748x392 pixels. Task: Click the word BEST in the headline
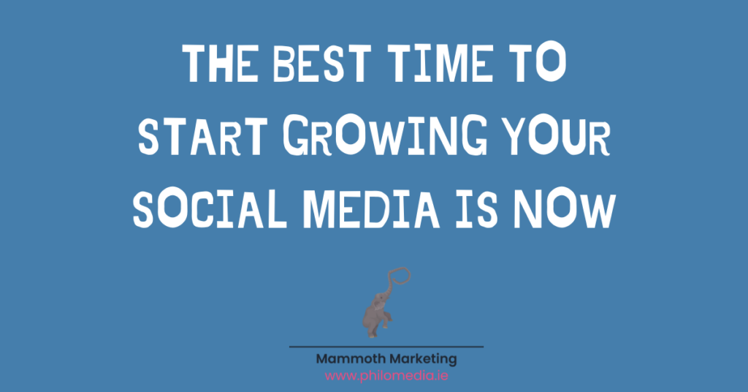tap(321, 63)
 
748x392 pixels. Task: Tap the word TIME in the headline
tap(439, 63)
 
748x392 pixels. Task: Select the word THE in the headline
tap(220, 63)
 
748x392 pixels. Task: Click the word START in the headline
tap(203, 137)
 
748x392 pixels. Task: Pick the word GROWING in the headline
tap(386, 135)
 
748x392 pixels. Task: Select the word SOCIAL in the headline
tap(210, 209)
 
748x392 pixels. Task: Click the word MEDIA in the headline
tap(371, 209)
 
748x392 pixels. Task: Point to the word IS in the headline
tap(476, 209)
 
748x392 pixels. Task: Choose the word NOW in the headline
tap(565, 209)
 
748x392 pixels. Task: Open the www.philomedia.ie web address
tap(386, 376)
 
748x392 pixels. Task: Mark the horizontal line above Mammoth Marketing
tap(386, 347)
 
